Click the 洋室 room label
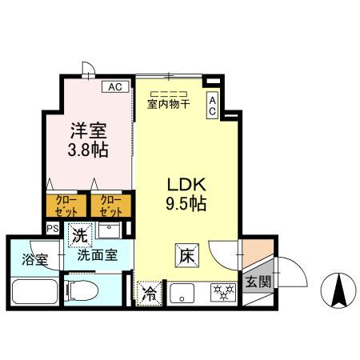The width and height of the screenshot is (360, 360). (89, 130)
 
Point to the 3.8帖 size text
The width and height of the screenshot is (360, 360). (89, 150)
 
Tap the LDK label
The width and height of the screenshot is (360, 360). (186, 183)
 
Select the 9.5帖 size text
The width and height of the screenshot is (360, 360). (186, 203)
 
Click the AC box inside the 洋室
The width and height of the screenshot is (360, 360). (114, 86)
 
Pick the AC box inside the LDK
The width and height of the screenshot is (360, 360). (212, 106)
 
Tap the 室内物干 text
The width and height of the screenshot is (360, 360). (168, 102)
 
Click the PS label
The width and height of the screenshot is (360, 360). (53, 228)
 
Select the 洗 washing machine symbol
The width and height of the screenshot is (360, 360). (79, 235)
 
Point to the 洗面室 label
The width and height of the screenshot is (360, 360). (98, 256)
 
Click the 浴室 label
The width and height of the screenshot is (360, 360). (34, 260)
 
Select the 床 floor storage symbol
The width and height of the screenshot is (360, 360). (185, 257)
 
